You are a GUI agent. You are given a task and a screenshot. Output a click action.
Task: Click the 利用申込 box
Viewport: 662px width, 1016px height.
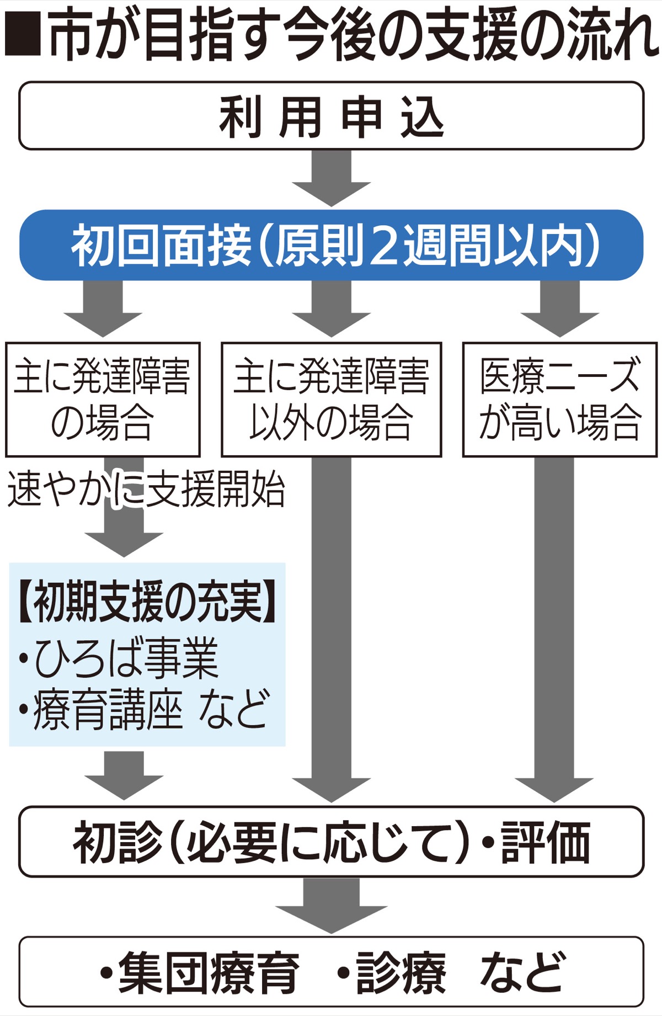pyautogui.click(x=331, y=116)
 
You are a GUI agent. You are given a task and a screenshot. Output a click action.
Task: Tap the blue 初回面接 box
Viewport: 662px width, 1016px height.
pyautogui.click(x=331, y=245)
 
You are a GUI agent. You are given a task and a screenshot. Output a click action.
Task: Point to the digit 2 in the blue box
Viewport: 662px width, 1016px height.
pyautogui.click(x=386, y=245)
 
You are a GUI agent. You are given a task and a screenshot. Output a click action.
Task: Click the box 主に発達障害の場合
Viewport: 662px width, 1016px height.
pyautogui.click(x=103, y=400)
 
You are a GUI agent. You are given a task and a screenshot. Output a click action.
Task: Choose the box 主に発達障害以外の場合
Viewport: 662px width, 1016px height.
pyautogui.click(x=331, y=400)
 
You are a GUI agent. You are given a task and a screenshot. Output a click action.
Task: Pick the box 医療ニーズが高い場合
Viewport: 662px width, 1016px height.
pyautogui.click(x=559, y=400)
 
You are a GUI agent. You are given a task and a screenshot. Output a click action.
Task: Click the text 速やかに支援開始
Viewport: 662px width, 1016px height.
pyautogui.click(x=146, y=489)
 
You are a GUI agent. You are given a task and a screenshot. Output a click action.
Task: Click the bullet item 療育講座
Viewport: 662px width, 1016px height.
pyautogui.click(x=108, y=710)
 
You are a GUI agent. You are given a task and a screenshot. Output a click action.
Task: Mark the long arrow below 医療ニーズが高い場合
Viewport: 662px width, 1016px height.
pyautogui.click(x=554, y=629)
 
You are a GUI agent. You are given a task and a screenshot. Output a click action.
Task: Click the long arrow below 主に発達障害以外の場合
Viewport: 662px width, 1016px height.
pyautogui.click(x=331, y=629)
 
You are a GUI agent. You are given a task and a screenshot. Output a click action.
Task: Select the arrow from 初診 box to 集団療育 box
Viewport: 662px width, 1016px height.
pyautogui.click(x=331, y=905)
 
